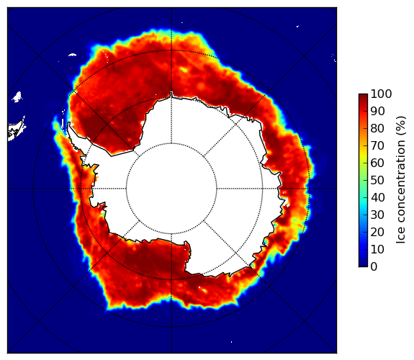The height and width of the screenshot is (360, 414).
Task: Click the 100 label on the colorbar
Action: coord(381,94)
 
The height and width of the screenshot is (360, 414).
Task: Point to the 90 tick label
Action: coord(377,112)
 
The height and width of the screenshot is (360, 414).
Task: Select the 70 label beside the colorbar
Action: coord(377,145)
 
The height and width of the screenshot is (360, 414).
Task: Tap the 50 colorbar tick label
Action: coord(377,181)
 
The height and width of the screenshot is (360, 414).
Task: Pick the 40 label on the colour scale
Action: coord(377,197)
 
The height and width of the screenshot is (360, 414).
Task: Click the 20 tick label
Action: coord(377,232)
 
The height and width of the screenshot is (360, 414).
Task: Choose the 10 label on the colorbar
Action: coord(377,249)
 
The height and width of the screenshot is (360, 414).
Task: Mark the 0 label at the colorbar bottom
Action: coord(374,267)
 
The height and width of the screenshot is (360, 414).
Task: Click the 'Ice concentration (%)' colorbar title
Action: coord(401,180)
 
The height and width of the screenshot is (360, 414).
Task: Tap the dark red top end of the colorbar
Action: coord(363,96)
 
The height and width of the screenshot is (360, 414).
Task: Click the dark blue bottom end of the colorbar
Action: coord(363,265)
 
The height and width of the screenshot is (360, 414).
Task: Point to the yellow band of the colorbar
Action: coord(363,155)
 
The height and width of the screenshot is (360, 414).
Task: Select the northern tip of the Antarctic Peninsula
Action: coord(69,122)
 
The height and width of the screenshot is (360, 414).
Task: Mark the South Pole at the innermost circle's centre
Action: coord(171,189)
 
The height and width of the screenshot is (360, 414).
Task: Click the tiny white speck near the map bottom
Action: coord(232,342)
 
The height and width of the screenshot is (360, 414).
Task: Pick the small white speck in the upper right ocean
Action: coord(297,26)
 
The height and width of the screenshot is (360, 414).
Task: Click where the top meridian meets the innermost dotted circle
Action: coord(171,143)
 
